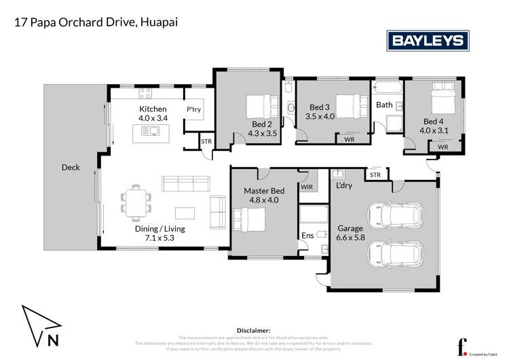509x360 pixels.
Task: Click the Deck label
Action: (x=71, y=167)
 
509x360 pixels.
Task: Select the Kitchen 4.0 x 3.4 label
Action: (x=153, y=113)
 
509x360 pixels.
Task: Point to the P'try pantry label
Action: (x=194, y=109)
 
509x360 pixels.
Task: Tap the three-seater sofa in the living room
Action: (x=185, y=183)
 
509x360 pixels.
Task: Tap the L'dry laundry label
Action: (x=344, y=185)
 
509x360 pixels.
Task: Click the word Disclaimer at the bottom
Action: (x=254, y=329)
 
